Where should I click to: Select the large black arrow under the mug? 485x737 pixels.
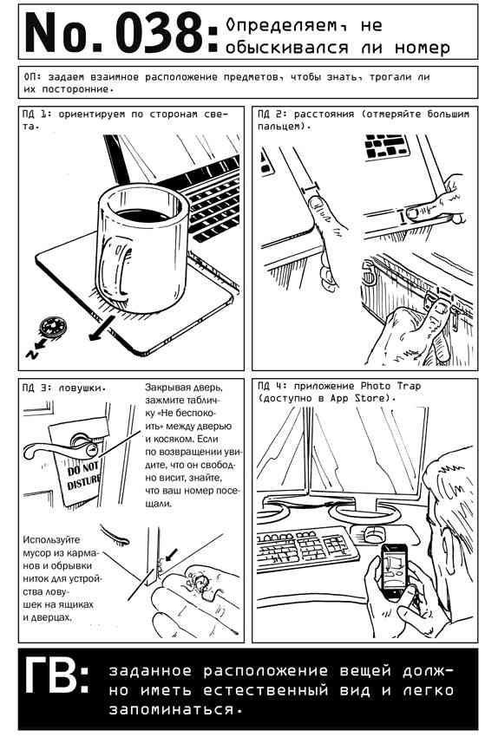[102, 328]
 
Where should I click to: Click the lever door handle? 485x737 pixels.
[56, 449]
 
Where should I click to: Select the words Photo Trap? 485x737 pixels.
[390, 387]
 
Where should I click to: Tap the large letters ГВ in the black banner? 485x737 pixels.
[53, 675]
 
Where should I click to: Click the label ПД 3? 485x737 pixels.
[36, 388]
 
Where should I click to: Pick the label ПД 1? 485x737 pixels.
[36, 114]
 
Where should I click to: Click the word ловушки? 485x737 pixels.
[81, 388]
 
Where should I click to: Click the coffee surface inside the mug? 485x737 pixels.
[143, 215]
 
